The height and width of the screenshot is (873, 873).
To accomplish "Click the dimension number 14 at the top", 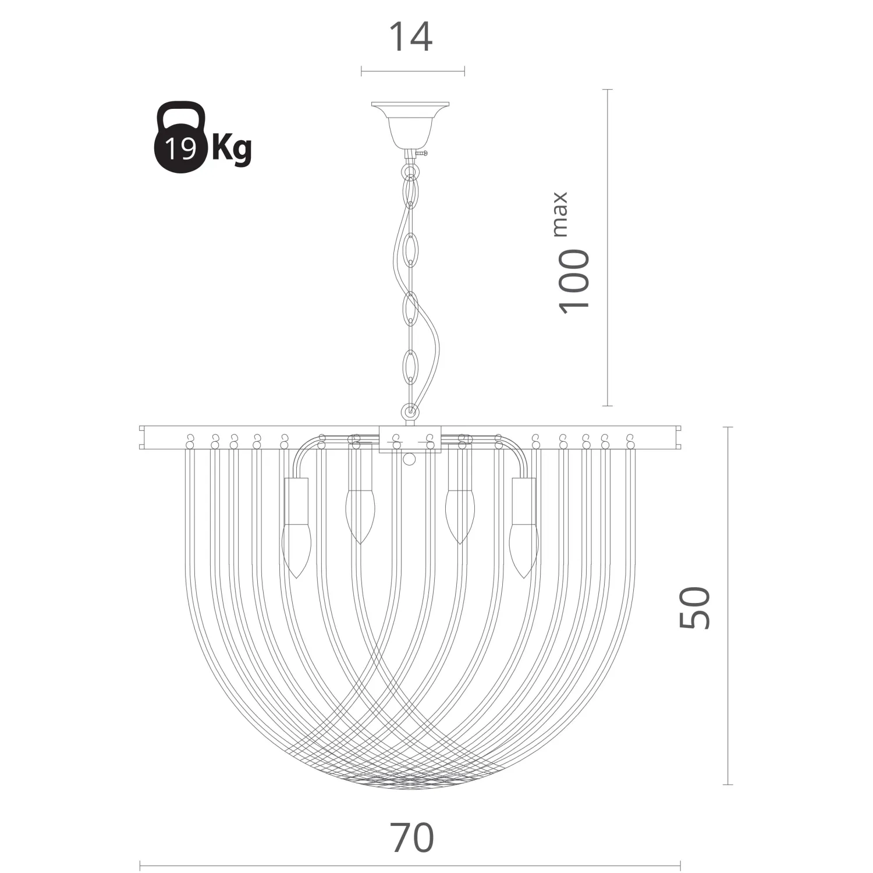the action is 410,37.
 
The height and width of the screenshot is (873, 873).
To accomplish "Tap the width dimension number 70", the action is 413,838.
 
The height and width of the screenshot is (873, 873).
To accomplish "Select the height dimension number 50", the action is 695,608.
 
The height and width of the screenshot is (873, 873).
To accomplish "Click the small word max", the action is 560,214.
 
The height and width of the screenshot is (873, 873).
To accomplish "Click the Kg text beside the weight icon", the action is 231,149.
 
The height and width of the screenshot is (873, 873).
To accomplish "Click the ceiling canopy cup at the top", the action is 411,125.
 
